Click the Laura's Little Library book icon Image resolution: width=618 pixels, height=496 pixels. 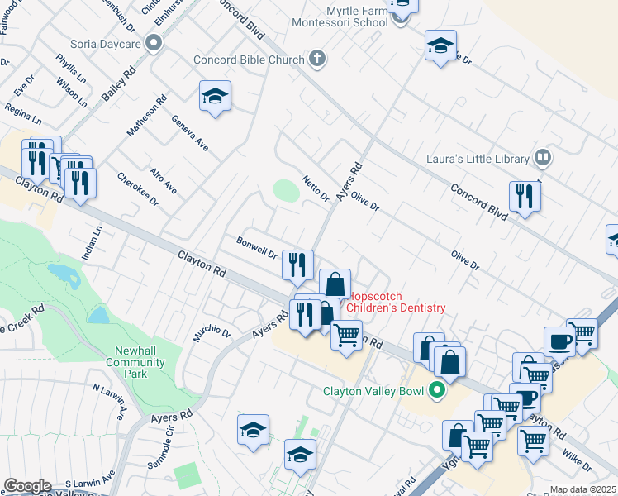click(543, 155)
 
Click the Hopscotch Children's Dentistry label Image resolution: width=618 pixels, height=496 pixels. click(397, 302)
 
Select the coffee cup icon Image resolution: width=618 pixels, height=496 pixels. click(559, 341)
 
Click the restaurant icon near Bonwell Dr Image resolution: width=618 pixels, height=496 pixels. click(297, 264)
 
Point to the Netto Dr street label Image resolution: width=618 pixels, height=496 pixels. click(316, 189)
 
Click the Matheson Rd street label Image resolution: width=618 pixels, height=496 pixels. click(147, 115)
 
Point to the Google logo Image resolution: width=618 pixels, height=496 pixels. click(27, 486)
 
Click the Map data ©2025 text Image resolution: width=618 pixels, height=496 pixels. click(583, 489)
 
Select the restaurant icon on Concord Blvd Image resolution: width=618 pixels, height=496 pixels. click(525, 196)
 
